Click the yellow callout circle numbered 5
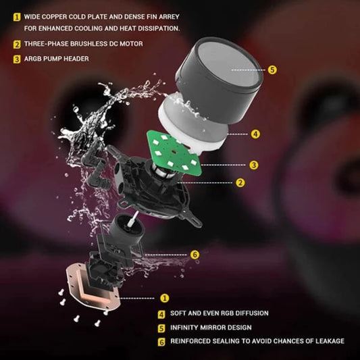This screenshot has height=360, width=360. pyautogui.click(x=272, y=70)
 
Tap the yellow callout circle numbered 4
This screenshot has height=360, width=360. pyautogui.click(x=255, y=134)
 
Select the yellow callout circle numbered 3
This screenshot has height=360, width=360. pyautogui.click(x=254, y=165)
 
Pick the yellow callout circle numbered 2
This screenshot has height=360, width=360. pyautogui.click(x=240, y=183)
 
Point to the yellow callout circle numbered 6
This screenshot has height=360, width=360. pyautogui.click(x=195, y=255)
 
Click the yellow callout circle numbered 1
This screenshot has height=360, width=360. pyautogui.click(x=164, y=298)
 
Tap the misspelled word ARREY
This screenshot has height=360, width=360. pyautogui.click(x=169, y=17)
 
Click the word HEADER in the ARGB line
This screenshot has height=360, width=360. pyautogui.click(x=76, y=59)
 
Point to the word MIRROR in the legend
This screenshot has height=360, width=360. pyautogui.click(x=214, y=328)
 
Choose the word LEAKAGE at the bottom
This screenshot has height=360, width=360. pyautogui.click(x=330, y=341)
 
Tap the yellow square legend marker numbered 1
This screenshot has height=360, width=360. pyautogui.click(x=17, y=17)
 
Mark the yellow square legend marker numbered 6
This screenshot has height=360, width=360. pyautogui.click(x=161, y=342)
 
